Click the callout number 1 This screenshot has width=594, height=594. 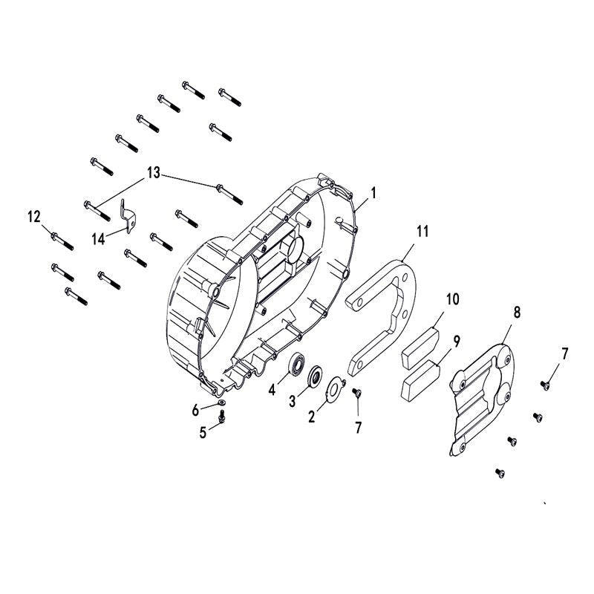[373, 192]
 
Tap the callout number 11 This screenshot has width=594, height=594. [422, 231]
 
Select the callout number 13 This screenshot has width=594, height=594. [153, 173]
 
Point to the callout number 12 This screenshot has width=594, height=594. [34, 217]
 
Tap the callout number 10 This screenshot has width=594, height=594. [453, 300]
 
